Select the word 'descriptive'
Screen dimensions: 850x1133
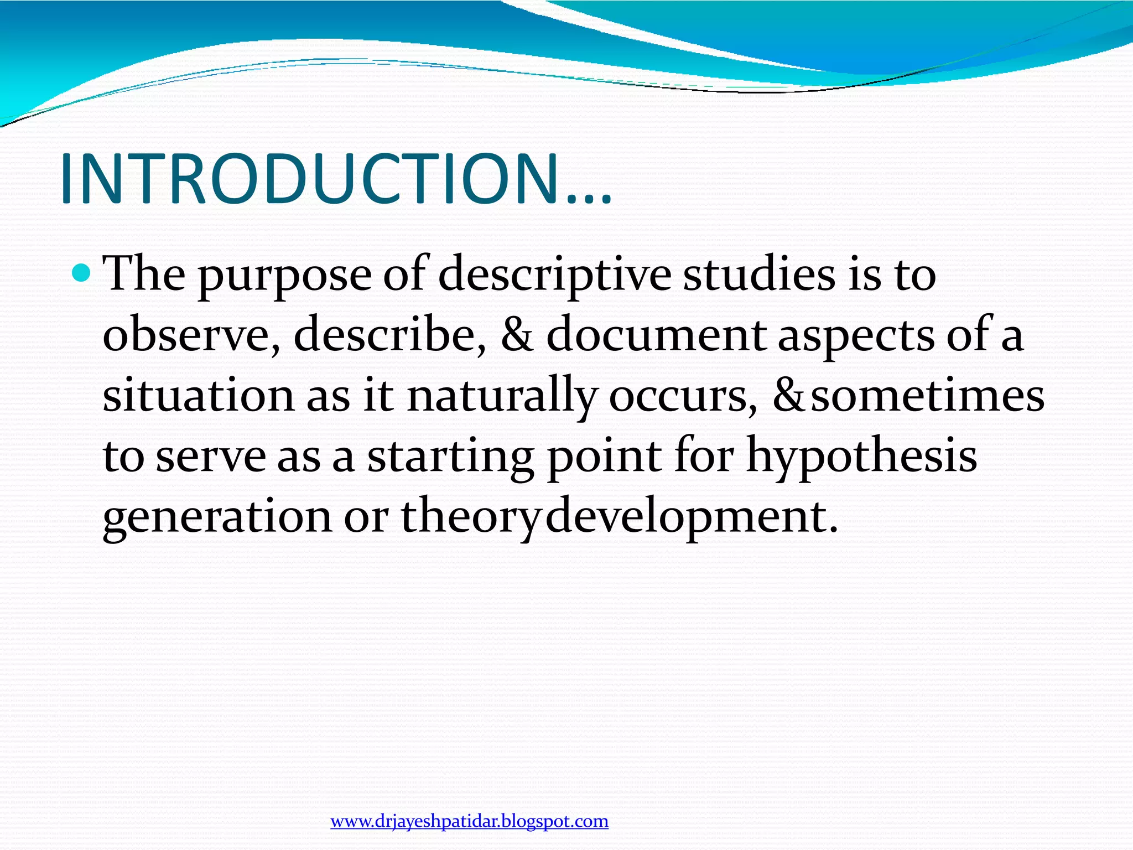pos(554,275)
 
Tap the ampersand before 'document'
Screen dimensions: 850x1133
pos(517,335)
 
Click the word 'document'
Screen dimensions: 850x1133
pos(656,335)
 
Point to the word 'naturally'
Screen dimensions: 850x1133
pos(502,396)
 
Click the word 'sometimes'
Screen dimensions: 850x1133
pos(927,396)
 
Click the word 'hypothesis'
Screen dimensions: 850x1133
pos(861,457)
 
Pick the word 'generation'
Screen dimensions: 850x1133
pos(217,517)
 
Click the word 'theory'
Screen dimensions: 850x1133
pos(469,517)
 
